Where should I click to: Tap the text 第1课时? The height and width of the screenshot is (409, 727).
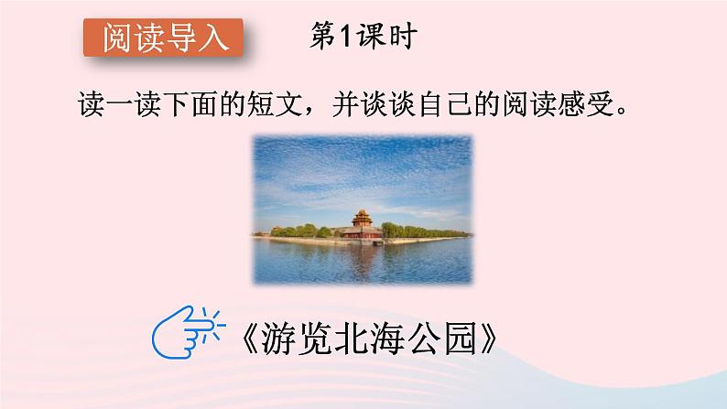(x=365, y=37)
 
